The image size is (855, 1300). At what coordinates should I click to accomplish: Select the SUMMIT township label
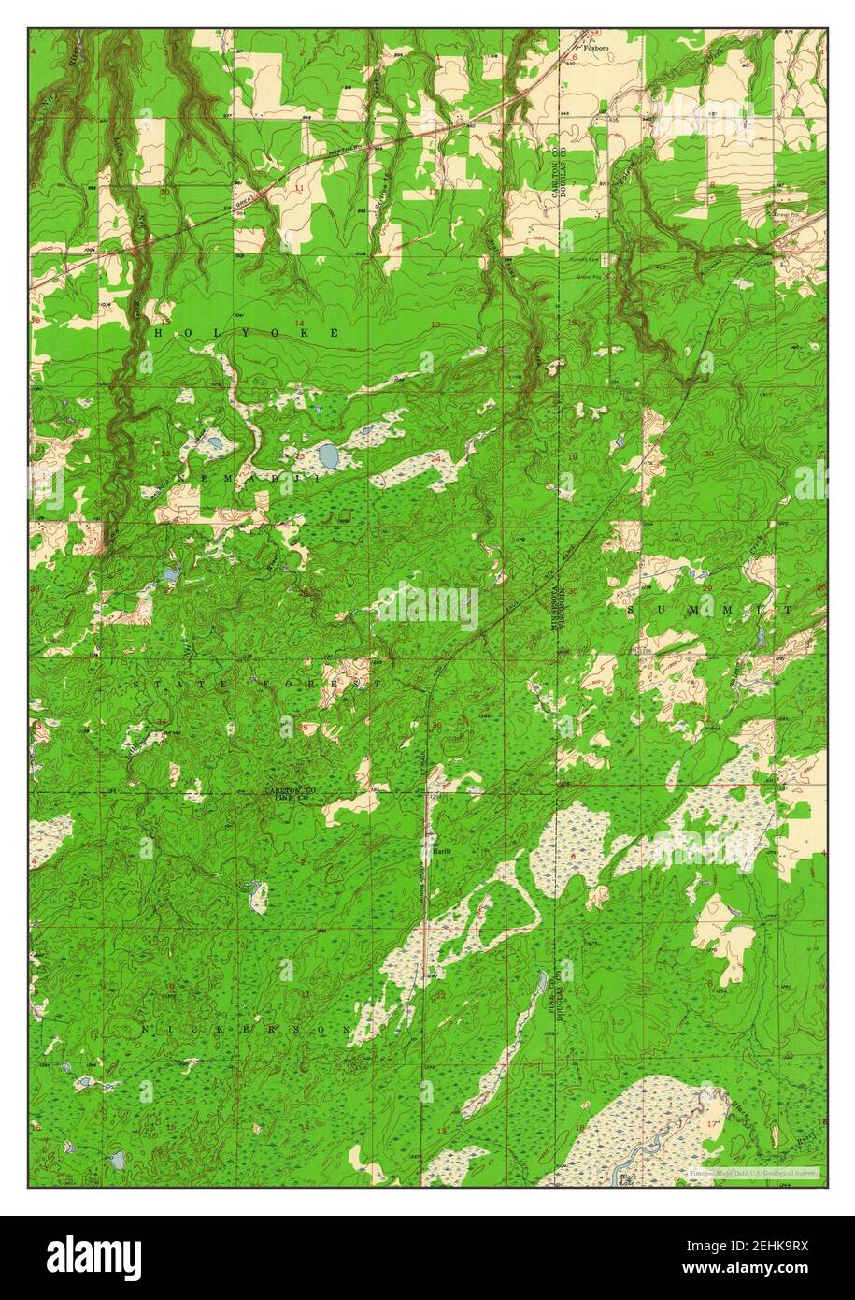(710, 609)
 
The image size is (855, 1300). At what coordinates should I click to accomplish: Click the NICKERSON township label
(247, 1029)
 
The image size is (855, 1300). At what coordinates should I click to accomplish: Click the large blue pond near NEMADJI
(328, 455)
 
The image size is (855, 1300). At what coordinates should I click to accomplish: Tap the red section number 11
(300, 189)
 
